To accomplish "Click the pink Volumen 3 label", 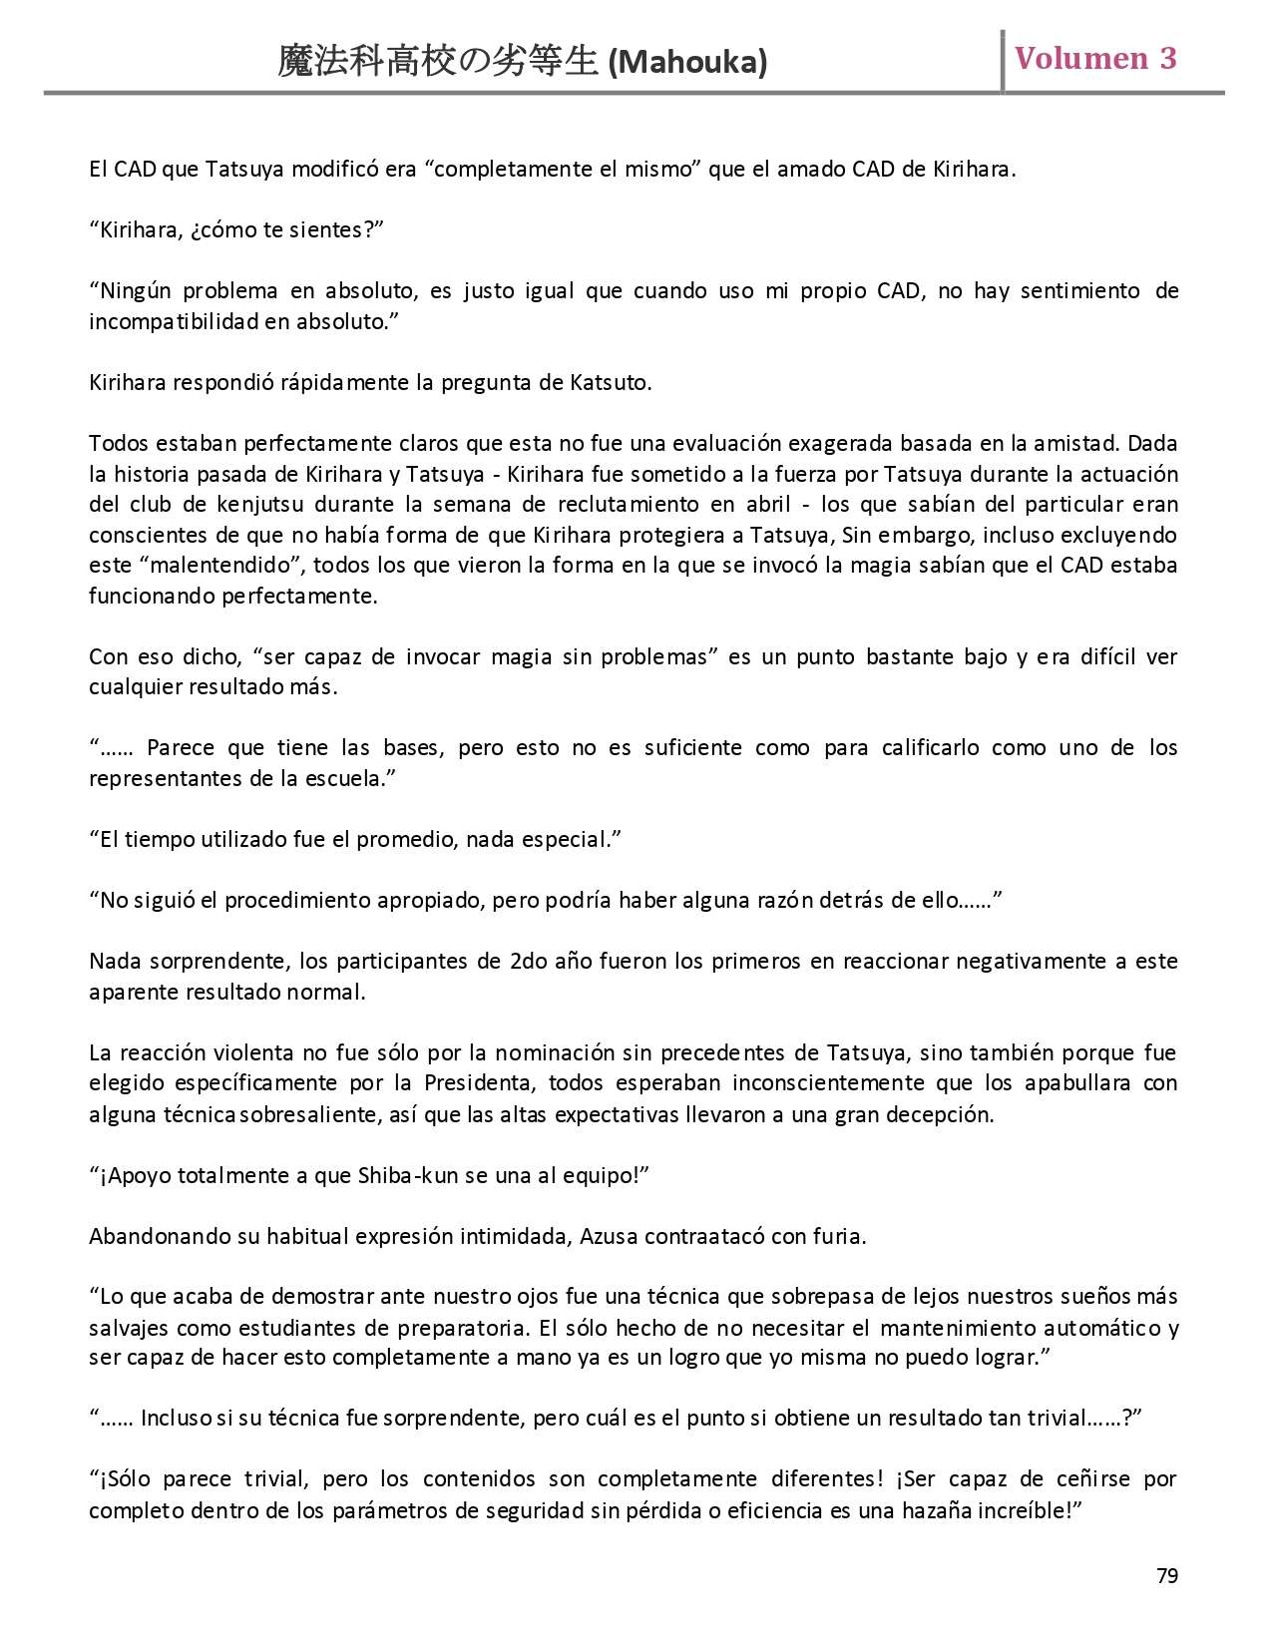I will tap(1095, 58).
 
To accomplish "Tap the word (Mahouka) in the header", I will tap(687, 63).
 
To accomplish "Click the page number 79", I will tap(1166, 1575).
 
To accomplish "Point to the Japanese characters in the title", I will tap(440, 62).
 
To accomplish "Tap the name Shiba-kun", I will tap(408, 1176).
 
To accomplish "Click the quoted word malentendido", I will tap(225, 566).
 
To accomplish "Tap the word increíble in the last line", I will tap(1034, 1510).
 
